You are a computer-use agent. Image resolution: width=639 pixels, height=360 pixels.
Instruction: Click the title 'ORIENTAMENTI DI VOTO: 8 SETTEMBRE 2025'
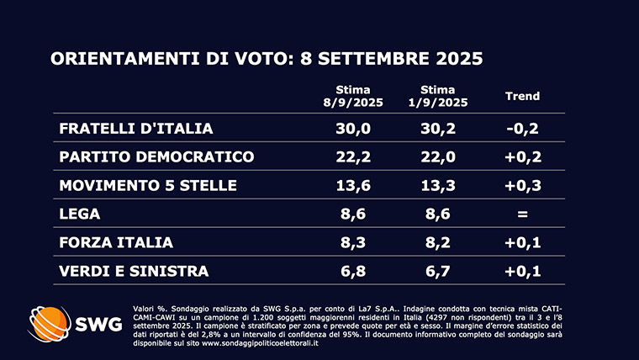[x=267, y=59]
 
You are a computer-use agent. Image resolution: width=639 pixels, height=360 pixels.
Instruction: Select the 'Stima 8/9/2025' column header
[x=353, y=96]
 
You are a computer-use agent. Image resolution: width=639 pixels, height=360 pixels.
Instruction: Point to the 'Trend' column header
[x=521, y=96]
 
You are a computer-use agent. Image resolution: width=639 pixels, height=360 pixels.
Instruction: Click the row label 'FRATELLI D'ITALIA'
[x=135, y=129]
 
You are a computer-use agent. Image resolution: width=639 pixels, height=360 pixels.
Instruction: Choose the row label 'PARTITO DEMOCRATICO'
[x=156, y=157]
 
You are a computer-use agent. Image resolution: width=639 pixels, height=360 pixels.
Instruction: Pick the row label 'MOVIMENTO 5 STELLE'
[x=148, y=185]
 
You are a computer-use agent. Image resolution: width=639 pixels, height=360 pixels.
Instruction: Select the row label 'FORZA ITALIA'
[x=116, y=242]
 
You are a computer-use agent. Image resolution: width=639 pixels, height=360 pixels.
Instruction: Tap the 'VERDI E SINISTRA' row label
[x=134, y=271]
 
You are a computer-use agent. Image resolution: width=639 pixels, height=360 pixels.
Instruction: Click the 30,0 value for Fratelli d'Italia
[x=353, y=129]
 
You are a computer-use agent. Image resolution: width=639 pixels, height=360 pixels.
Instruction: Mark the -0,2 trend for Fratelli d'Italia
[x=521, y=129]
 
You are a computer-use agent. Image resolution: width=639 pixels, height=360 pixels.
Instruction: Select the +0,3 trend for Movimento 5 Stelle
[x=521, y=185]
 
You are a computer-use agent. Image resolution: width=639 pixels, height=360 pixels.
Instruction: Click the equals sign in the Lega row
[x=521, y=214]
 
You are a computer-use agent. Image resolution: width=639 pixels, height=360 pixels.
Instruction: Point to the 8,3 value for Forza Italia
[x=353, y=242]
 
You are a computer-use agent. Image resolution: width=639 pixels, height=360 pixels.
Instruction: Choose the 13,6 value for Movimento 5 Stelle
[x=353, y=185]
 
